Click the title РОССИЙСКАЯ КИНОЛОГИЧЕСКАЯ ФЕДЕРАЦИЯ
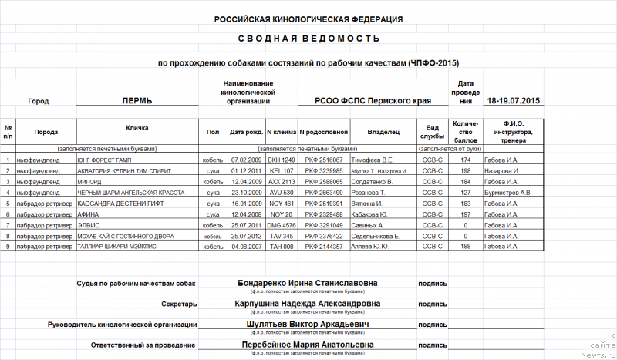tap(308, 19)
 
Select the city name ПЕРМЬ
tap(137, 101)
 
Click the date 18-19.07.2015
tap(514, 101)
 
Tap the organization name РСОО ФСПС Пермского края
tap(372, 101)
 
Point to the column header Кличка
tap(137, 127)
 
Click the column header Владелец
tap(383, 132)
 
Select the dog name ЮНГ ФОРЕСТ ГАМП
tap(103, 160)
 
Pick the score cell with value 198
tap(465, 170)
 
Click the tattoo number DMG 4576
tap(282, 225)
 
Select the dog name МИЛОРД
tap(89, 182)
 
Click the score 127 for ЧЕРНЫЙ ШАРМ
tap(465, 193)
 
